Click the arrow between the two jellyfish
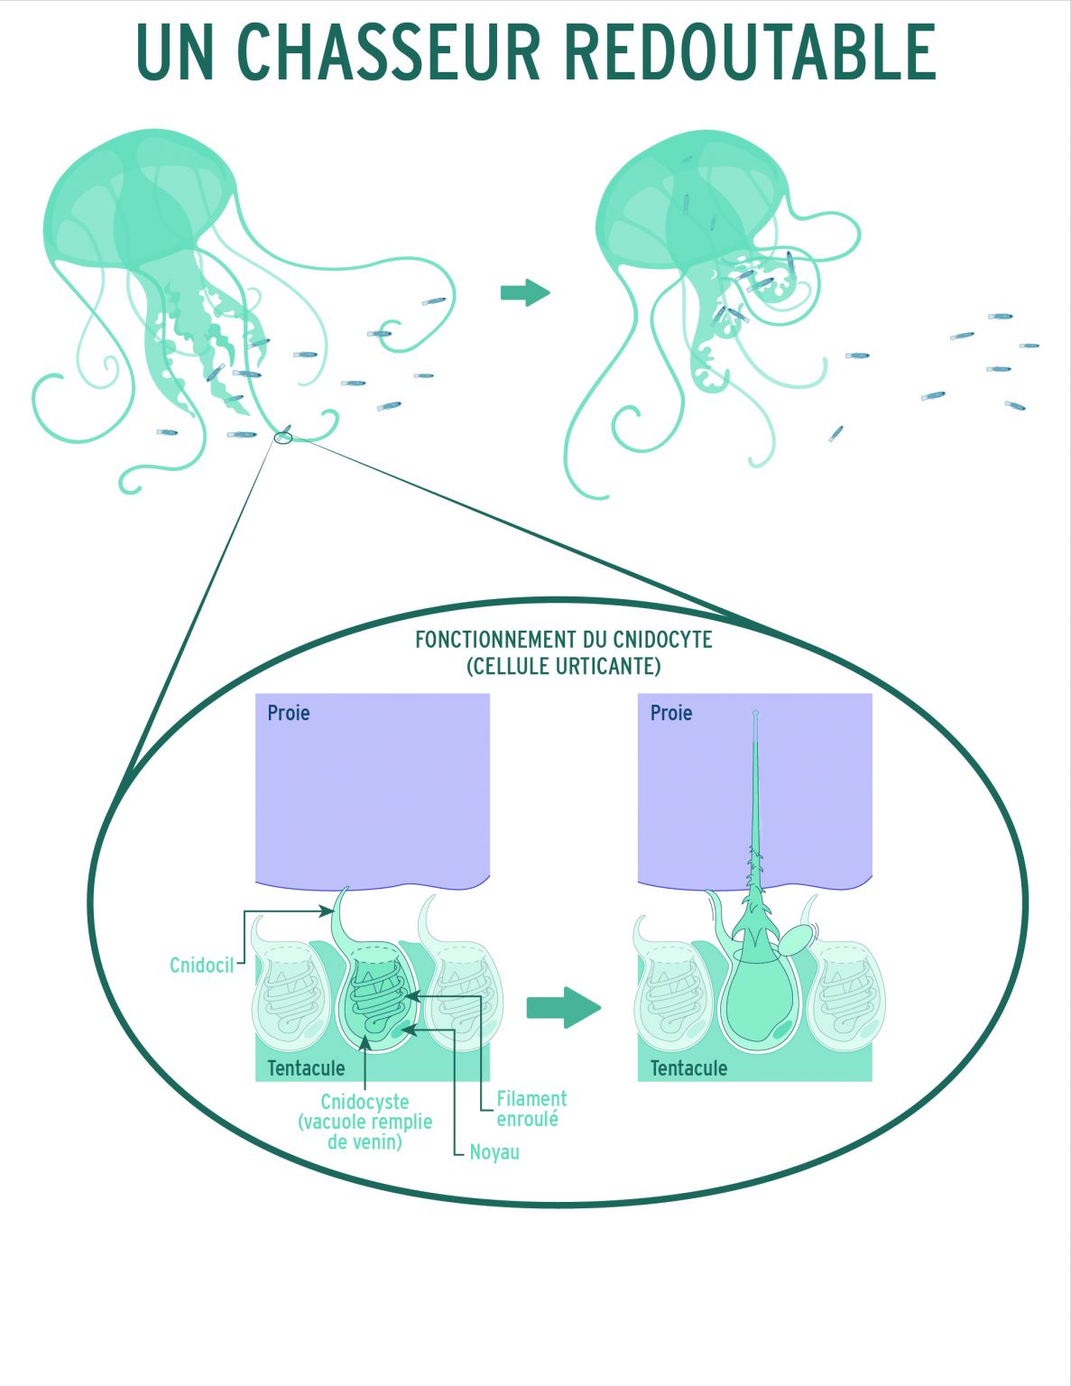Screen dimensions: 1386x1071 [524, 292]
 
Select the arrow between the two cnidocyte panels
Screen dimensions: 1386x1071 [563, 1007]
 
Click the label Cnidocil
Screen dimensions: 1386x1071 [201, 966]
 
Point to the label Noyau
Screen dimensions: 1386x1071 [494, 1152]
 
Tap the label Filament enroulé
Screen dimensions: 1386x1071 [531, 1109]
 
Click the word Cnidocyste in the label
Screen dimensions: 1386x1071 [365, 1102]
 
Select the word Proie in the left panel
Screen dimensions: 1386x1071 [289, 713]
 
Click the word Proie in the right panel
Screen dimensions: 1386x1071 [671, 713]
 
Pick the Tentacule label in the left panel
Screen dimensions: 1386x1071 [306, 1068]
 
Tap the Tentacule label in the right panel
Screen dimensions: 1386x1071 [688, 1068]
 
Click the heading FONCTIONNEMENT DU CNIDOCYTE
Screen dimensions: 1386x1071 [563, 640]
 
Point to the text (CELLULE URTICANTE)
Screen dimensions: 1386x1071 [563, 667]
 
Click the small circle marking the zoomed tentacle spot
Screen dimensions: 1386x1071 [283, 438]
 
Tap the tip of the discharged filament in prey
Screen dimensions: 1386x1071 [755, 715]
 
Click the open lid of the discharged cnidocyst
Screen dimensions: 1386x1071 [795, 941]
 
